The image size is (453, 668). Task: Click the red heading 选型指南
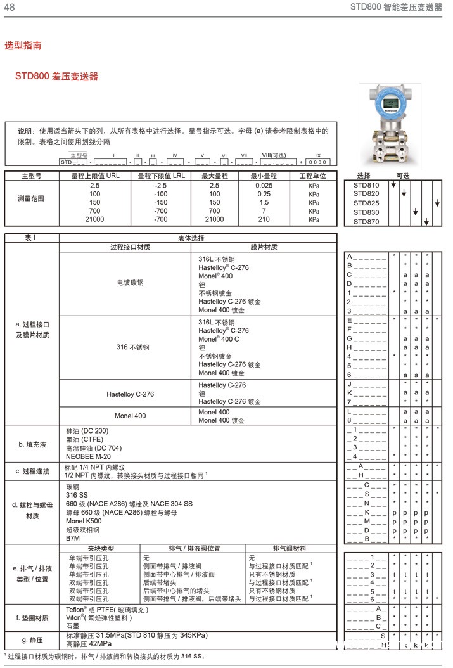23,46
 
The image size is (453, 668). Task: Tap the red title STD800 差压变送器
57,77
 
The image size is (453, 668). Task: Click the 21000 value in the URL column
94,219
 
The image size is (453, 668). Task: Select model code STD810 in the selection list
366,185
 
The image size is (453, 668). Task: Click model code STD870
366,222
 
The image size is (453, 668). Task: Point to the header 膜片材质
264,247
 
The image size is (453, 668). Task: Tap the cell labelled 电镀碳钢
130,282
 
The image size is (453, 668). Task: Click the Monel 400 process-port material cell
130,416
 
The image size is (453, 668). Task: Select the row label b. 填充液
32,444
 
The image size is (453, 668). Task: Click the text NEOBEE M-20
89,456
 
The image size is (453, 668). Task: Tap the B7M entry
73,538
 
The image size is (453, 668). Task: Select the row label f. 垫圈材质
32,617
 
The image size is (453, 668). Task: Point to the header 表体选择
198,238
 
